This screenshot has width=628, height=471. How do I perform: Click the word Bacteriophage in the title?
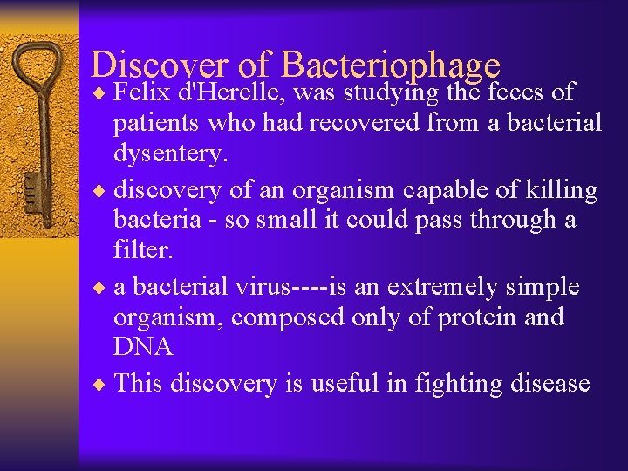tap(392, 65)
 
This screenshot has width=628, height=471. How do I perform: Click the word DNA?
tap(142, 347)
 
